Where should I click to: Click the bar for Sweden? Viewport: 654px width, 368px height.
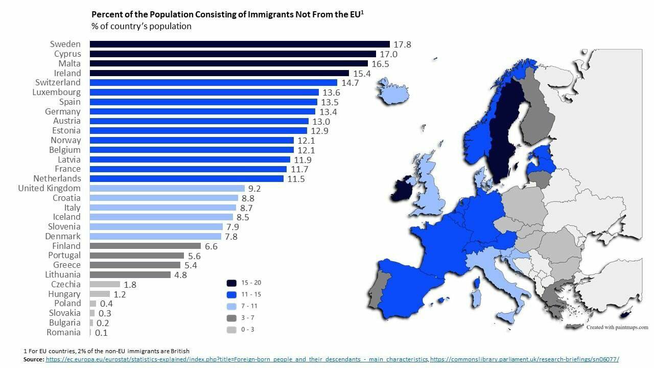coord(240,44)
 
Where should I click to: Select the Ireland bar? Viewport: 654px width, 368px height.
coord(219,73)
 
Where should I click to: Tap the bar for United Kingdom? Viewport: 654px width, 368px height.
coord(167,188)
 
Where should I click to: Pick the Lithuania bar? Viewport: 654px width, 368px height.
coord(130,274)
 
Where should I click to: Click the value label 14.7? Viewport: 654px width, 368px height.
coord(350,83)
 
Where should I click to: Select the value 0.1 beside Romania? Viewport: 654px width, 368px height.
coord(102,332)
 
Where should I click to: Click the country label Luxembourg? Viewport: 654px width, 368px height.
coord(56,93)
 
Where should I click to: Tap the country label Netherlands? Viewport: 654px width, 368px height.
coord(57,178)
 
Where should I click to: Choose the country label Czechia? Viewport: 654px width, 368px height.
coord(66,284)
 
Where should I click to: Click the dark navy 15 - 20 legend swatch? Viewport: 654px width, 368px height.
coord(231,283)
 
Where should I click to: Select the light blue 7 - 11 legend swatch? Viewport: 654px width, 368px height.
coord(231,306)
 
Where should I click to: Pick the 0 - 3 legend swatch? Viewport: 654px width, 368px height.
coord(231,329)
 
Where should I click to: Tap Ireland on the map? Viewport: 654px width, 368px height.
coord(403,190)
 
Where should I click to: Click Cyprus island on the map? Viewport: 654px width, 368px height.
coord(626,313)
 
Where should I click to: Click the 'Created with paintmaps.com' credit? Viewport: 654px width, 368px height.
coord(617,327)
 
